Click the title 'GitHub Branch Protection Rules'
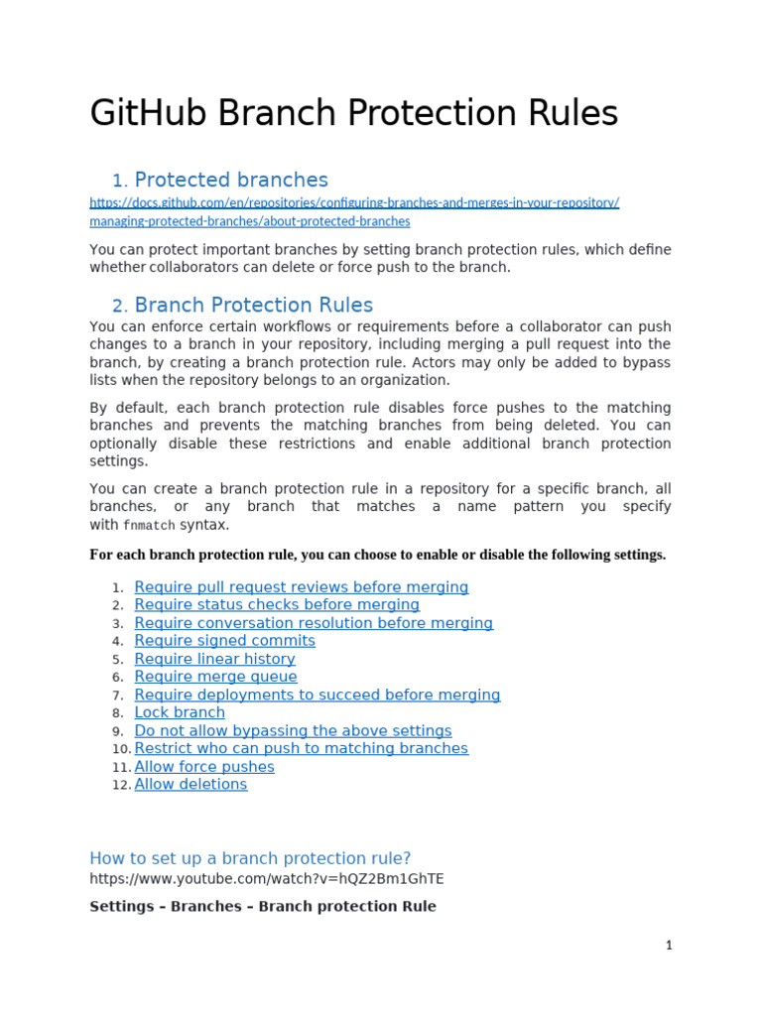pyautogui.click(x=353, y=113)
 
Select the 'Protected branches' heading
pyautogui.click(x=230, y=180)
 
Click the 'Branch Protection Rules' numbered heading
pyautogui.click(x=253, y=305)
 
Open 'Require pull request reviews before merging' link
pyautogui.click(x=301, y=587)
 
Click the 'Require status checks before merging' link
pyautogui.click(x=277, y=605)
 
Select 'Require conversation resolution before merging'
pyautogui.click(x=314, y=623)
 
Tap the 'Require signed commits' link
pyautogui.click(x=224, y=641)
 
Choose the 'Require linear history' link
pyautogui.click(x=214, y=659)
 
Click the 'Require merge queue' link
pyautogui.click(x=215, y=677)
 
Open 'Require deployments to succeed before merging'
pyautogui.click(x=317, y=695)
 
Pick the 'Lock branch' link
pyautogui.click(x=180, y=712)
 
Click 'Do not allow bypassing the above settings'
pyautogui.click(x=293, y=730)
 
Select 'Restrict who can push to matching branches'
pyautogui.click(x=301, y=748)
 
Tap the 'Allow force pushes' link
pyautogui.click(x=204, y=767)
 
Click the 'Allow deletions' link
pyautogui.click(x=190, y=785)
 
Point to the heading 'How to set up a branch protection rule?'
pyautogui.click(x=250, y=858)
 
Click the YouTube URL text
pyautogui.click(x=267, y=879)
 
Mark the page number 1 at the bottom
pyautogui.click(x=669, y=946)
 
